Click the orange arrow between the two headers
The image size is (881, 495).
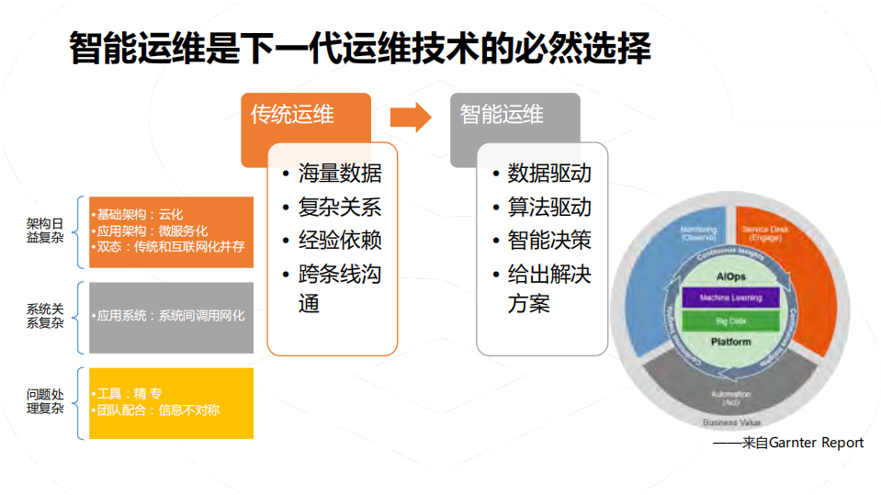tap(410, 117)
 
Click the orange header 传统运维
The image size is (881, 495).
tap(293, 116)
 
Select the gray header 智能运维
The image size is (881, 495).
tap(502, 115)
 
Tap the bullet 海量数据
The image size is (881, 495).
tap(339, 174)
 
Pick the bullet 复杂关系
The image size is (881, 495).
tap(339, 207)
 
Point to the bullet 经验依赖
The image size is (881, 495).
tap(339, 241)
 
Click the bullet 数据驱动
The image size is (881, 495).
tap(548, 174)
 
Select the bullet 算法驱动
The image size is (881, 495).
tap(548, 207)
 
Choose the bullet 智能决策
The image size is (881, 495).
tap(548, 241)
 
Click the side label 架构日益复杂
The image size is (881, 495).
tap(45, 230)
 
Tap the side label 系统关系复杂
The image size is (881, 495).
tap(45, 316)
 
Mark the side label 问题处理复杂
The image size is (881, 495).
tap(45, 401)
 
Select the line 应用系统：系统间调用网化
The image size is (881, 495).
tap(171, 316)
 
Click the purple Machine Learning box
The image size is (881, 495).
tap(731, 298)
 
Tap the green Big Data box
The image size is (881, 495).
tap(731, 321)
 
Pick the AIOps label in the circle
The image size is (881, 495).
tap(731, 276)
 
